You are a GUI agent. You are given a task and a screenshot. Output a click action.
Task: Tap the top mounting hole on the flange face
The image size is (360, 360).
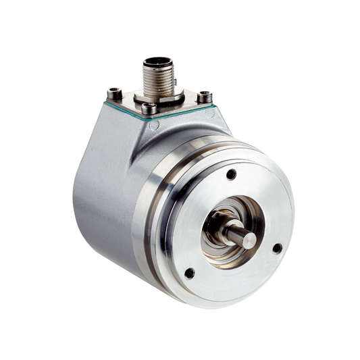[x=231, y=174]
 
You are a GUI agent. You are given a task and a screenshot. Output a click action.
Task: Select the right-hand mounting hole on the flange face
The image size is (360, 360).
[x=277, y=248]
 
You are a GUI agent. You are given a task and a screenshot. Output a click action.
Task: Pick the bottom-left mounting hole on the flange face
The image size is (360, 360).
[x=190, y=273]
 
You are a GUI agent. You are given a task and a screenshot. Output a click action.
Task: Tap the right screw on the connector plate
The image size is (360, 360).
[x=204, y=97]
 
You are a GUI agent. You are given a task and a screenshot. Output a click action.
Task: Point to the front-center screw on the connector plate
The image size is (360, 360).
[x=149, y=108]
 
